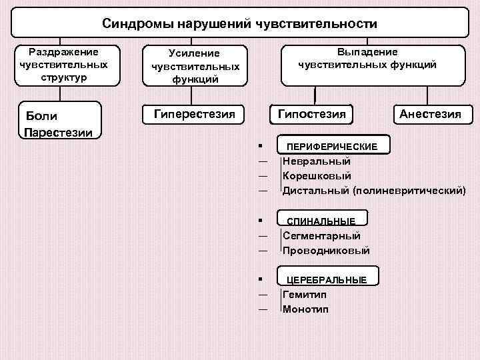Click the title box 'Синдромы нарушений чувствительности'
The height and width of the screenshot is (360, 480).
click(x=239, y=24)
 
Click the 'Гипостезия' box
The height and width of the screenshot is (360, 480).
click(x=311, y=114)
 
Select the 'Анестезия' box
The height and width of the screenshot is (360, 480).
click(x=430, y=114)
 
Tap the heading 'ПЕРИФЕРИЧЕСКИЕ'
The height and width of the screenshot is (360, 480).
click(x=331, y=146)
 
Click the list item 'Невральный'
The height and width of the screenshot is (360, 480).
click(x=316, y=161)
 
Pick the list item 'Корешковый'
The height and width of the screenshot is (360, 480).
click(x=317, y=176)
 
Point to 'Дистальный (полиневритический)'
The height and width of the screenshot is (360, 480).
click(x=373, y=191)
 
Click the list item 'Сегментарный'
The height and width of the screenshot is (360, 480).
click(x=321, y=235)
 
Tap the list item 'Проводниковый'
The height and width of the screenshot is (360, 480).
click(x=326, y=251)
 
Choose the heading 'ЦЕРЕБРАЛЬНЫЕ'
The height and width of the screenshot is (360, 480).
click(x=327, y=279)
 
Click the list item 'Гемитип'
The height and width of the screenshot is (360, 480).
click(x=305, y=294)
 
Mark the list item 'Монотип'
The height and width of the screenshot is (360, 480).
click(x=305, y=309)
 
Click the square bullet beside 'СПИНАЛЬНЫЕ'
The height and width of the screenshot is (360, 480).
click(x=263, y=220)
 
